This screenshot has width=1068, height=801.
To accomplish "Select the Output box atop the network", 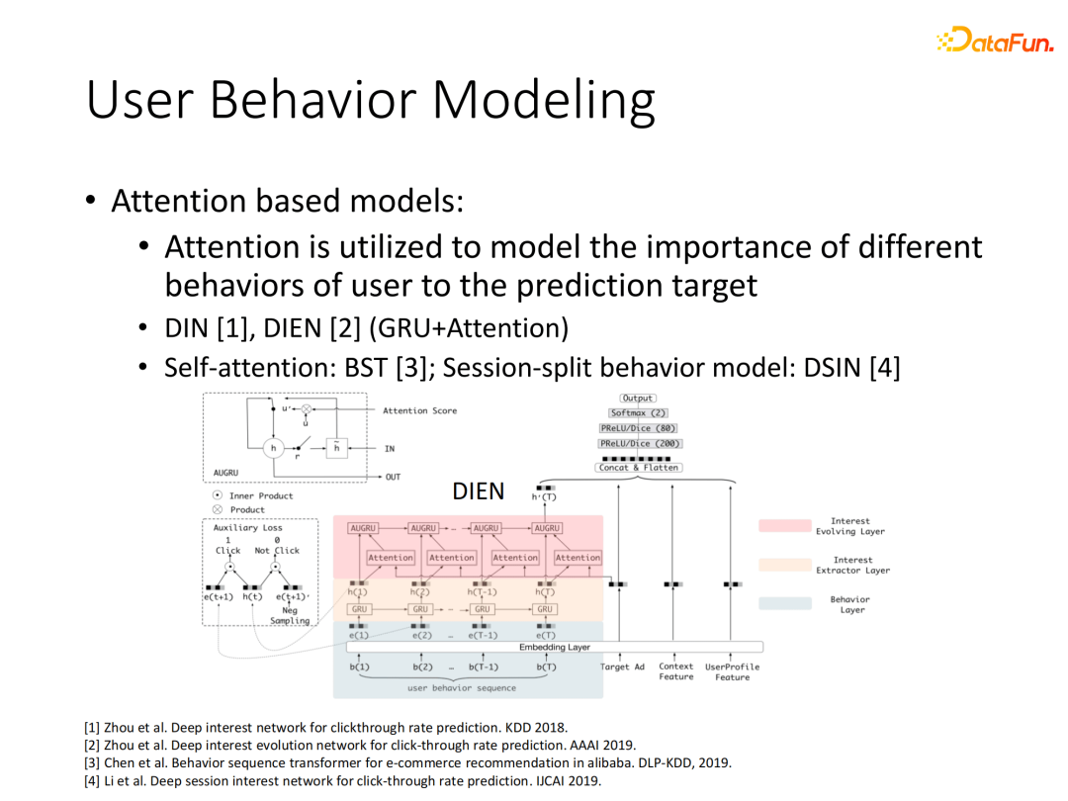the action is point(638,399).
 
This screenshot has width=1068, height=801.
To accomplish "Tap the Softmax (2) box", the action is point(638,413).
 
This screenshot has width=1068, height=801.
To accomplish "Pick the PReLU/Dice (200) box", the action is point(638,444).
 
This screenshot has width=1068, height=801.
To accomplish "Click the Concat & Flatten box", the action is point(638,468).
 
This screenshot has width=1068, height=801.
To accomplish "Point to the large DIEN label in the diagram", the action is point(479,491).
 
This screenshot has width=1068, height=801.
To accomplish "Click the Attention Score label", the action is point(420,410).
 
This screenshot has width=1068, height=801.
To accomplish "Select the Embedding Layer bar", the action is point(554,647).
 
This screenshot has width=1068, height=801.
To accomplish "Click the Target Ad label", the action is point(622,667).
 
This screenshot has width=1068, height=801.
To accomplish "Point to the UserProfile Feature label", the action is point(732,671).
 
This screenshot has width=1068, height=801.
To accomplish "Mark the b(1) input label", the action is point(359,667).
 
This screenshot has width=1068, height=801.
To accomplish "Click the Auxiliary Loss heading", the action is point(247,528).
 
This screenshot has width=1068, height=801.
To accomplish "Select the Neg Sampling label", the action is point(290,615).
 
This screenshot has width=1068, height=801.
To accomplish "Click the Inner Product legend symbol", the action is point(218,495).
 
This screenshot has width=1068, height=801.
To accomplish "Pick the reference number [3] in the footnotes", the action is point(92,762).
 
